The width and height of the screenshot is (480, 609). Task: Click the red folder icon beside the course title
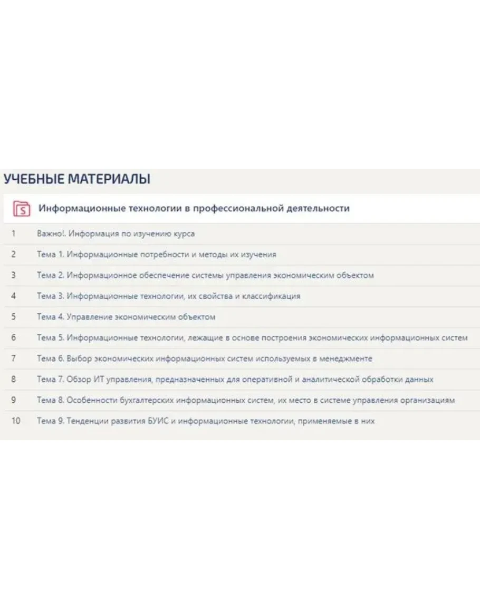click(22, 208)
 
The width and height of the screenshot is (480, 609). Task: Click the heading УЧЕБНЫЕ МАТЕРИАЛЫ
click(77, 179)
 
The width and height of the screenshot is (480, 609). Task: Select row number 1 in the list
click(13, 234)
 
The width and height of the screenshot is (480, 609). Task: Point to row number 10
click(15, 421)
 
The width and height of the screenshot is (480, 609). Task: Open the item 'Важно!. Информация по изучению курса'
click(116, 234)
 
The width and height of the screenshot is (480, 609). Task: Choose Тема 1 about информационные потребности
click(156, 254)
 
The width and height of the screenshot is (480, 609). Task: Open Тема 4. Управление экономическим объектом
click(126, 317)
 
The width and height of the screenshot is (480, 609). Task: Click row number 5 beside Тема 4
click(13, 317)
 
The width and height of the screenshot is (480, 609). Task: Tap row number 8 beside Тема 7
click(13, 380)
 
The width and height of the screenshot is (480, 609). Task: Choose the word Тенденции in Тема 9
click(88, 421)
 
